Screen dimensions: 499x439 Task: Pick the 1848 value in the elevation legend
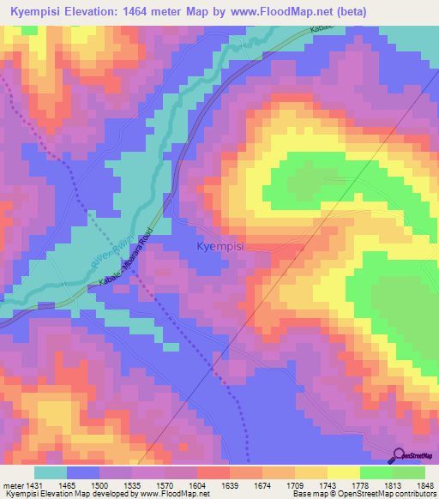point(414,486)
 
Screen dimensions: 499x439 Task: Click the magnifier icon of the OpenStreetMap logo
point(400,456)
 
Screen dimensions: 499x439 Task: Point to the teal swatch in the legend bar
point(51,472)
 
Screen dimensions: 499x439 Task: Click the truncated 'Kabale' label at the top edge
point(322,28)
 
